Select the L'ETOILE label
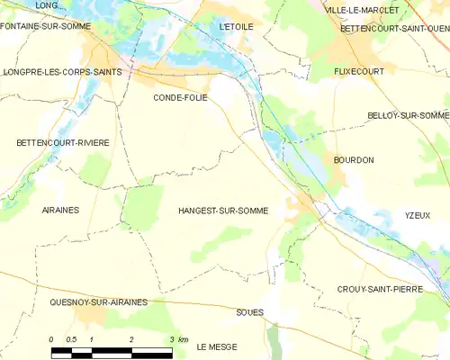pyautogui.click(x=237, y=27)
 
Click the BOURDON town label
pyautogui.click(x=353, y=159)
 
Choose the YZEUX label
pyautogui.click(x=417, y=215)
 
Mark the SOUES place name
pyautogui.click(x=249, y=312)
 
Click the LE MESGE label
pyautogui.click(x=217, y=346)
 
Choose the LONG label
pyautogui.click(x=46, y=5)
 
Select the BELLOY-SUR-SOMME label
pyautogui.click(x=409, y=115)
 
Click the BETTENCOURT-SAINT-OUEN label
pyautogui.click(x=394, y=28)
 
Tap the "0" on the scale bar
pyautogui.click(x=51, y=339)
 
